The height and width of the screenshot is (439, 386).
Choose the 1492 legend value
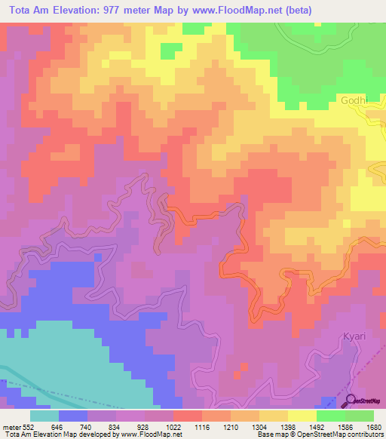coord(330,426)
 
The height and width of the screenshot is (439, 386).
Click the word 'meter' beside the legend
coord(11,426)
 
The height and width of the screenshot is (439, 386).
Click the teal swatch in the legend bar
coord(44,416)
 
